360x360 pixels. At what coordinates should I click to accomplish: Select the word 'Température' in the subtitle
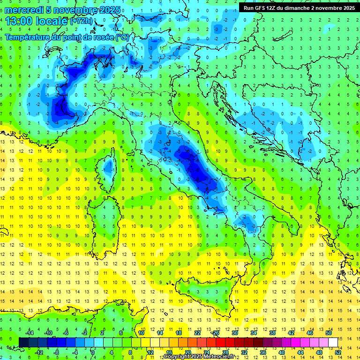[29, 37]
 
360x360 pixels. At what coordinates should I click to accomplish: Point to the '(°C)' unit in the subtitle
[122, 37]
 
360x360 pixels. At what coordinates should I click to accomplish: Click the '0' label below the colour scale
[93, 352]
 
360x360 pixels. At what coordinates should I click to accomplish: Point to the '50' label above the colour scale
[328, 333]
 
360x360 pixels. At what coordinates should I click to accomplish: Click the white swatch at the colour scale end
[333, 342]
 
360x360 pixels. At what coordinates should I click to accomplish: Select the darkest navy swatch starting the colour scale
[23, 342]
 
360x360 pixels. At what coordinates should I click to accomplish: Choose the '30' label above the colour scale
[234, 333]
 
